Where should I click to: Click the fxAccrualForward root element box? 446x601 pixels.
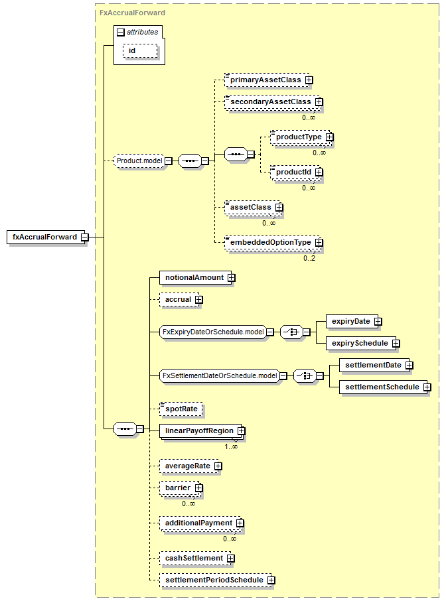(x=46, y=237)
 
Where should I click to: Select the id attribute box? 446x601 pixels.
(x=140, y=51)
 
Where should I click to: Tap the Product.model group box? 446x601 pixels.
(x=139, y=161)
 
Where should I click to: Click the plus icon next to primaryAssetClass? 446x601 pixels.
(x=309, y=80)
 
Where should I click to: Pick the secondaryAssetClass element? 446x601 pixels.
(x=273, y=102)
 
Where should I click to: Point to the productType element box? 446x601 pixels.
(x=301, y=137)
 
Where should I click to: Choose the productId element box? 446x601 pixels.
(x=296, y=172)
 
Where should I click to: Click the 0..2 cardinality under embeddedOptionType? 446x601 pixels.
(x=309, y=258)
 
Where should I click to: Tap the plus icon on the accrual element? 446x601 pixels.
(x=198, y=299)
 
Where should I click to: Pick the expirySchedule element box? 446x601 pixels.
(x=361, y=343)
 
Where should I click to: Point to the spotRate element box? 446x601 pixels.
(x=181, y=409)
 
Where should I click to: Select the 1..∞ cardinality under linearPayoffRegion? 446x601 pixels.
(x=231, y=446)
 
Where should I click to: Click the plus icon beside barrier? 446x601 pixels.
(x=198, y=488)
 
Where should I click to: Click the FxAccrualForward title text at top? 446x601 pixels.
(x=132, y=13)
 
